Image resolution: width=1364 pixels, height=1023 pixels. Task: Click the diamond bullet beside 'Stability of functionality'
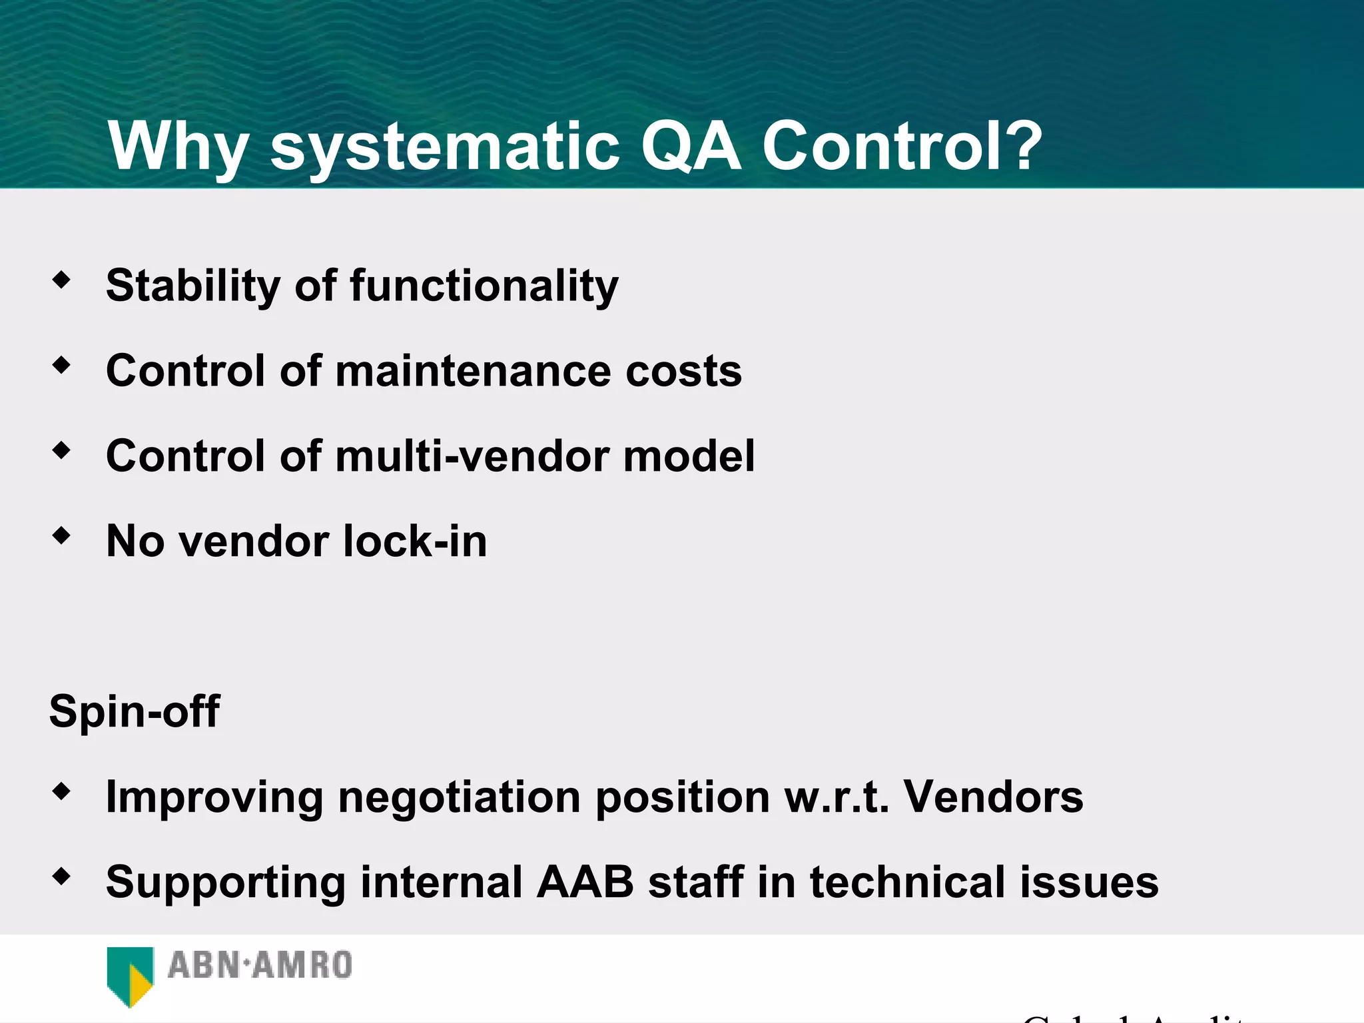(61, 280)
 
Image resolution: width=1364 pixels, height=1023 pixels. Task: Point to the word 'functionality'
(484, 286)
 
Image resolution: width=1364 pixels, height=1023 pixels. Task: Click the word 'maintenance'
(473, 371)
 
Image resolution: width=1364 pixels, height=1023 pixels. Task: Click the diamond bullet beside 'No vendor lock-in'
(61, 535)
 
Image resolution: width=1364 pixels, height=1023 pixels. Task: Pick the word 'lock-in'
(414, 541)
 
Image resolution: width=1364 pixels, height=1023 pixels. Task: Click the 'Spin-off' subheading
(135, 711)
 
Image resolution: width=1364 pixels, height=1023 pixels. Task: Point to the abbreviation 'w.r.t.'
(837, 797)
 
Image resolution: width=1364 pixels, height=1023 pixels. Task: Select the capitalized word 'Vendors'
(993, 797)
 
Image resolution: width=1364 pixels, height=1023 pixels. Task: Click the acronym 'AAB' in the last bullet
(585, 882)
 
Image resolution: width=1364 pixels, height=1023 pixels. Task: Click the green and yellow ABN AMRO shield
(130, 976)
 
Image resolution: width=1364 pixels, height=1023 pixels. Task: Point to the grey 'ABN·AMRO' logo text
(260, 966)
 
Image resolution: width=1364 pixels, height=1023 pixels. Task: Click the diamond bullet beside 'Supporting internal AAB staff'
(61, 876)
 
